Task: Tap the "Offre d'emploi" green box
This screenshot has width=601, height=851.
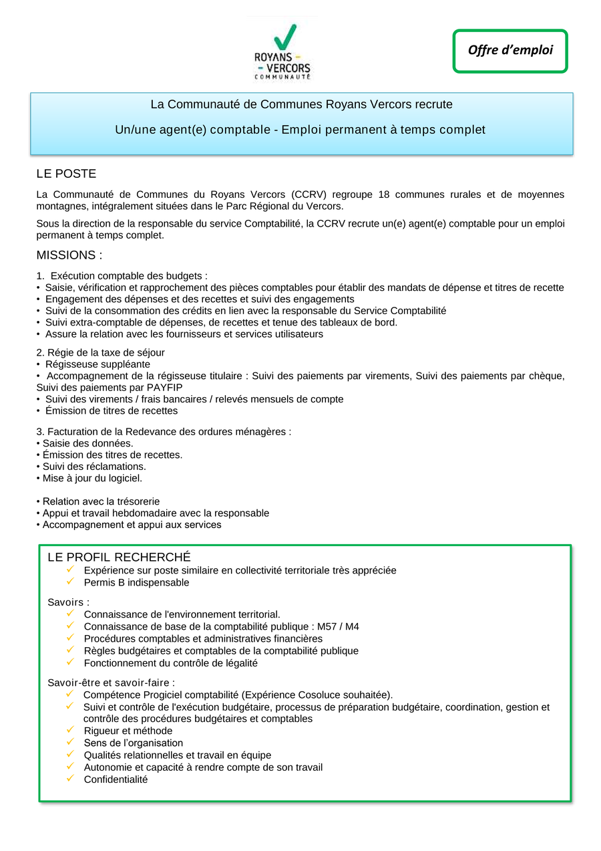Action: coord(510,51)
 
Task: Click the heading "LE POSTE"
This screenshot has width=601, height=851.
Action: coord(66,174)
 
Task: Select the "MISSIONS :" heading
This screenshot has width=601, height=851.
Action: coord(69,255)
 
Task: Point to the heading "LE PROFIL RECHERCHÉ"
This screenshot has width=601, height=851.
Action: coord(119,558)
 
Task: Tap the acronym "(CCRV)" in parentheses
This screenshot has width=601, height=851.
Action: coord(309,195)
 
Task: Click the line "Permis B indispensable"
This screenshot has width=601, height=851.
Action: coord(136,583)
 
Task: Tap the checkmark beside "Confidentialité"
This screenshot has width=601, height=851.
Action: coord(70,779)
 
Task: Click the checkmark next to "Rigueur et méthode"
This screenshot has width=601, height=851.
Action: coord(70,731)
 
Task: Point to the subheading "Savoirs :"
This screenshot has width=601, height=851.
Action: coord(68,602)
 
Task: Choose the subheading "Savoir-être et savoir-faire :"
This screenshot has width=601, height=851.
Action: coord(111,683)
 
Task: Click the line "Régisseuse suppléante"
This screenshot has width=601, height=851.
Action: coord(97,364)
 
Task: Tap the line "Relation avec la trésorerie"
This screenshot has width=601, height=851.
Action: coord(101,501)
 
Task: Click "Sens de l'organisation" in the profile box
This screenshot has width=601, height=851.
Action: coord(133,743)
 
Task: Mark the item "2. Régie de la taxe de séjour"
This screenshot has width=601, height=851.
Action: coord(100,352)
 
